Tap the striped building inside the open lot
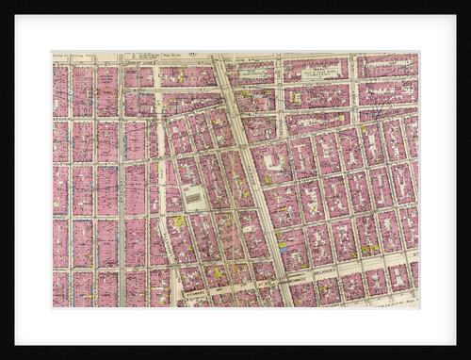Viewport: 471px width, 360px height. [195, 199]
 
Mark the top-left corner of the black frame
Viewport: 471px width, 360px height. [2, 2]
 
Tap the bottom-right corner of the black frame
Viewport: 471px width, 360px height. [468, 357]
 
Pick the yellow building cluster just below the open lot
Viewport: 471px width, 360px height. [178, 221]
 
